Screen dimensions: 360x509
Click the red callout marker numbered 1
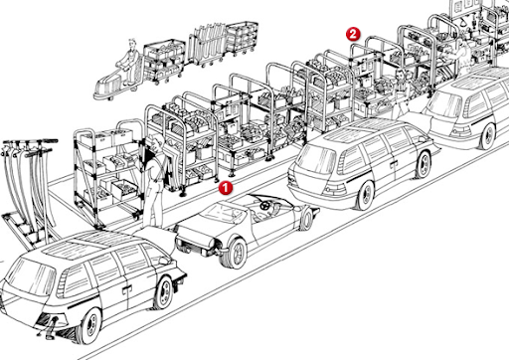coord(226,185)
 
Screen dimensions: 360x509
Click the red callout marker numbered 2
coord(352,33)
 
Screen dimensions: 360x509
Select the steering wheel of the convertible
coord(262,206)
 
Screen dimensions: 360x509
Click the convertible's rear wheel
coord(235,251)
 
